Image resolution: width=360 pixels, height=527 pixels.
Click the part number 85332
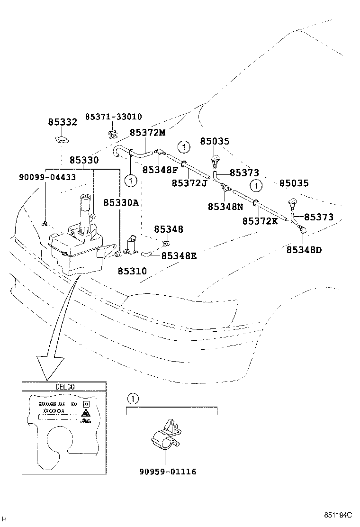tap(62, 122)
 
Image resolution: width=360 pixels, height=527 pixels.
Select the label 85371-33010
tap(113, 117)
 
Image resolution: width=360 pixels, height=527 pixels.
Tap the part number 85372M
tap(147, 133)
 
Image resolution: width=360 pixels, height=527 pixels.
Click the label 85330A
tap(121, 202)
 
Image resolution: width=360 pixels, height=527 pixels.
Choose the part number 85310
tap(132, 271)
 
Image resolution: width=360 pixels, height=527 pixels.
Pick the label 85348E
tap(179, 256)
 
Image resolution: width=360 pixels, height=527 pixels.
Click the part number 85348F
tap(160, 170)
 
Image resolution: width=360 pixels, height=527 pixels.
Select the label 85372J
tap(189, 183)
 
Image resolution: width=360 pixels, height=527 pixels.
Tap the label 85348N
tap(225, 207)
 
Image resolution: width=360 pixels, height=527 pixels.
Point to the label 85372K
tap(260, 221)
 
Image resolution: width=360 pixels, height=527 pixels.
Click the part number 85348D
tap(304, 249)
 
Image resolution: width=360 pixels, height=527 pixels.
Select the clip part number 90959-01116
tap(168, 472)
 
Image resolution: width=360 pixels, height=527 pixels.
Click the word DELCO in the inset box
tap(64, 387)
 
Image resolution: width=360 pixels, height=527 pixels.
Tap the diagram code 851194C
tap(338, 515)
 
